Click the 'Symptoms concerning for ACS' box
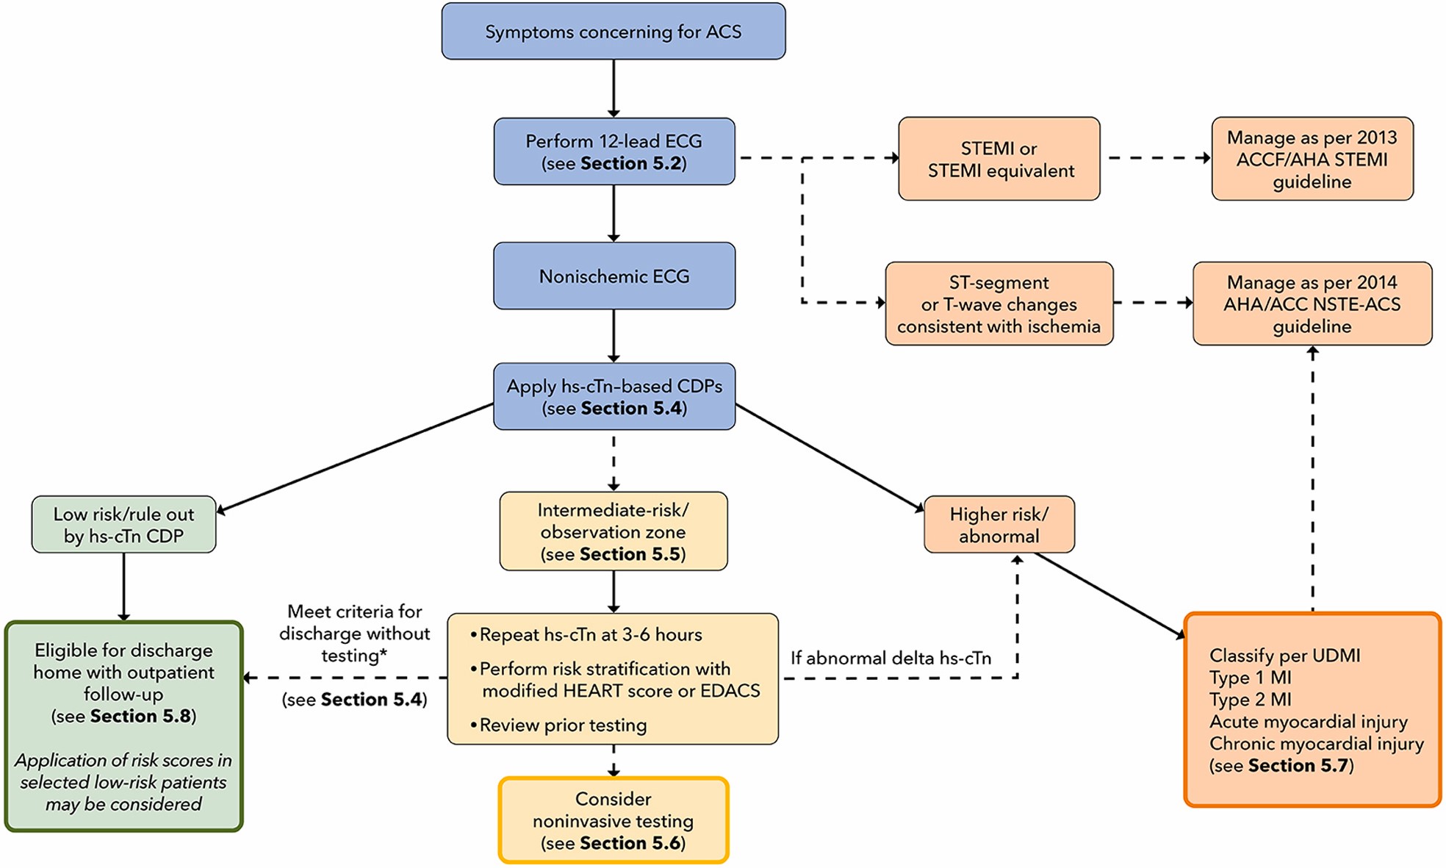(613, 32)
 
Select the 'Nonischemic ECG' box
(614, 276)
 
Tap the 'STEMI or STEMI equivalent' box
(999, 159)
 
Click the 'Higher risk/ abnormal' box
(999, 525)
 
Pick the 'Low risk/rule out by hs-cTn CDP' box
(123, 525)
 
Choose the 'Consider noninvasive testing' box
(614, 820)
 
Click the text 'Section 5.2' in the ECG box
(631, 163)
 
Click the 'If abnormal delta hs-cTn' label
(891, 658)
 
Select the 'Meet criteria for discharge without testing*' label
(355, 633)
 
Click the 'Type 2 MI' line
(1250, 699)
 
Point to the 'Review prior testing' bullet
(563, 725)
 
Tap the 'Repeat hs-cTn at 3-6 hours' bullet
(590, 634)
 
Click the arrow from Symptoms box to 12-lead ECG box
(614, 88)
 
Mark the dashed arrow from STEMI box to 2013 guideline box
(1156, 158)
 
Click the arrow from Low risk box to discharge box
(123, 587)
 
